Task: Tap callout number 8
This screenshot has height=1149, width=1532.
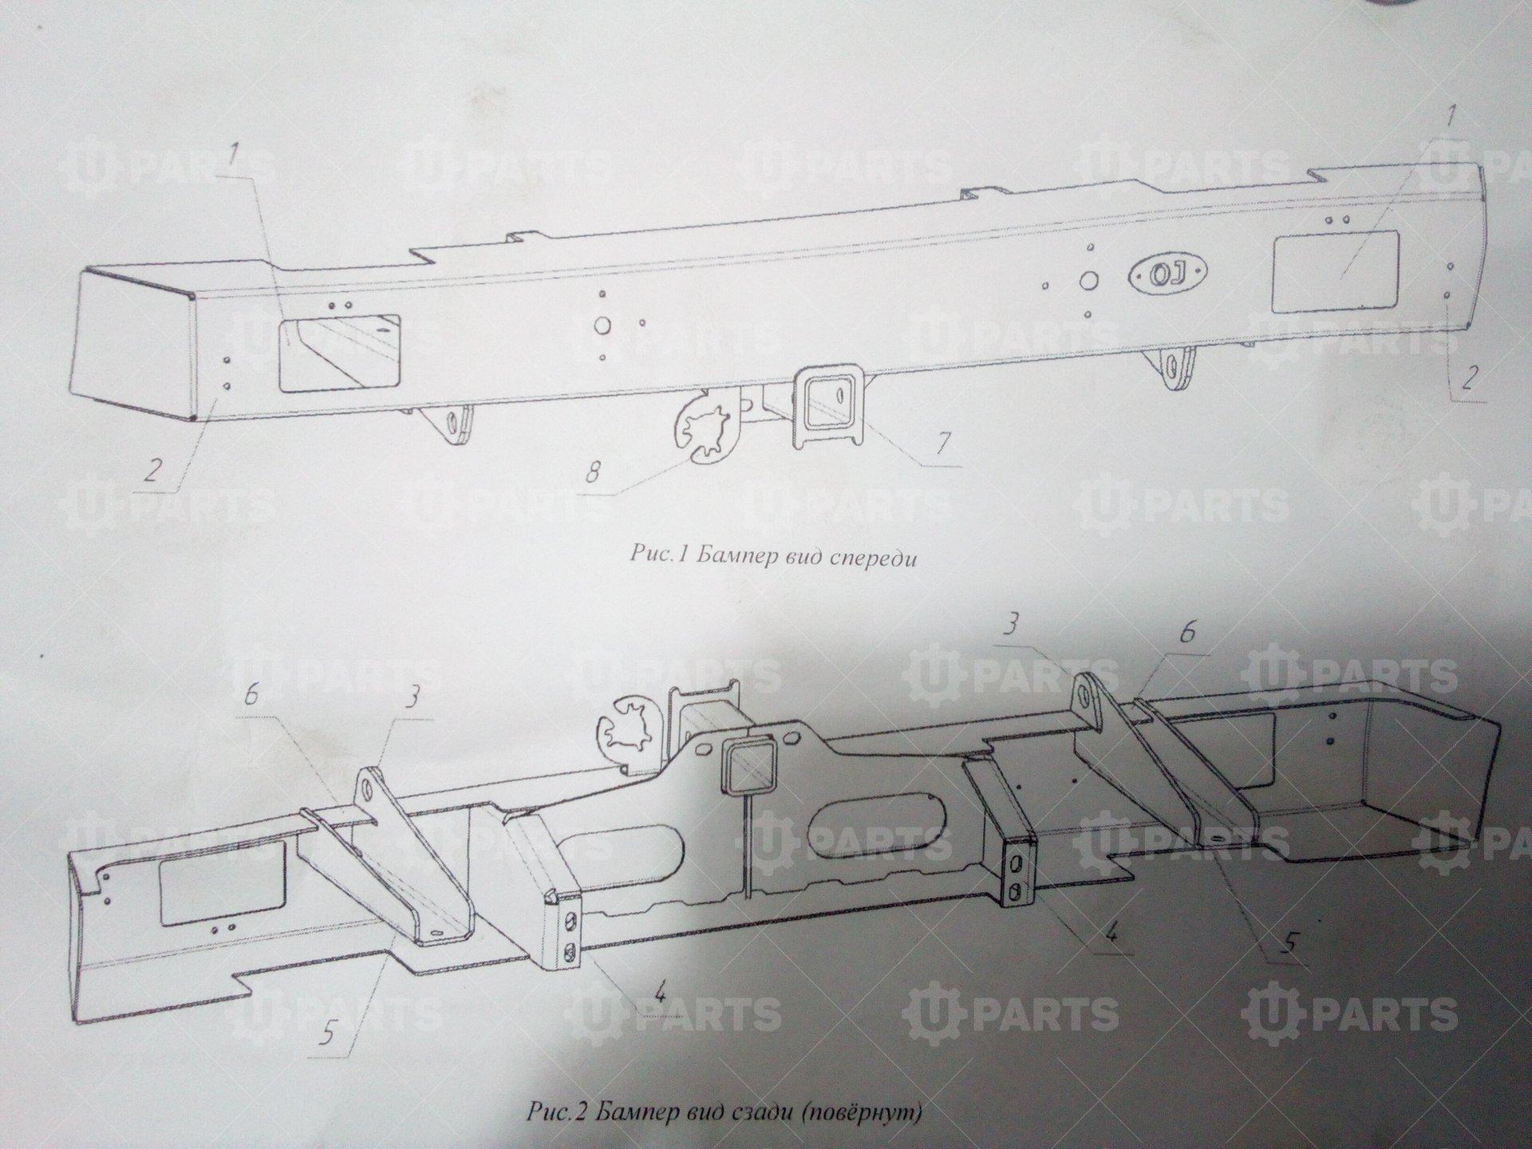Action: (594, 473)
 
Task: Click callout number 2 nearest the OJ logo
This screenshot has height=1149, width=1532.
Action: (1469, 377)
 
